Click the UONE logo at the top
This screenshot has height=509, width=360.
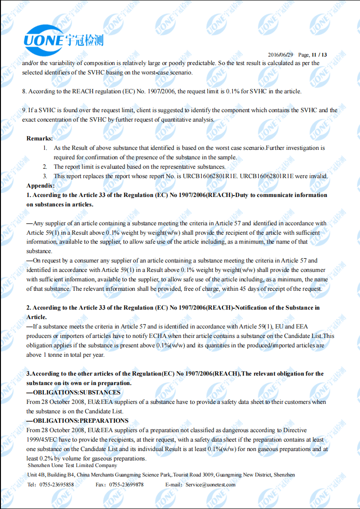pos(63,39)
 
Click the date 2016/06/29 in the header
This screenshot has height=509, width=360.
pos(280,55)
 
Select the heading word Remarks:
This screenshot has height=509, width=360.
pos(40,139)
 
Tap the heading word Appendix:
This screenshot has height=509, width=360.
pos(41,186)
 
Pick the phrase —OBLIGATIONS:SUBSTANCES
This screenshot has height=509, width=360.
pos(73,393)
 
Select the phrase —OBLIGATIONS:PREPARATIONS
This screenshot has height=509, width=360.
pos(77,421)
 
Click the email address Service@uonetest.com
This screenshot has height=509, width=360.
pos(210,484)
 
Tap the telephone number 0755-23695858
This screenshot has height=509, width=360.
pos(56,484)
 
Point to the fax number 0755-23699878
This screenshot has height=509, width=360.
pos(126,484)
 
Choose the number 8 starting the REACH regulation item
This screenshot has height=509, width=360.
pos(24,91)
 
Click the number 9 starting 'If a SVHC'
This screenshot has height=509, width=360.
pos(24,110)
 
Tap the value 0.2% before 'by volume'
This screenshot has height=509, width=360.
pos(45,459)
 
